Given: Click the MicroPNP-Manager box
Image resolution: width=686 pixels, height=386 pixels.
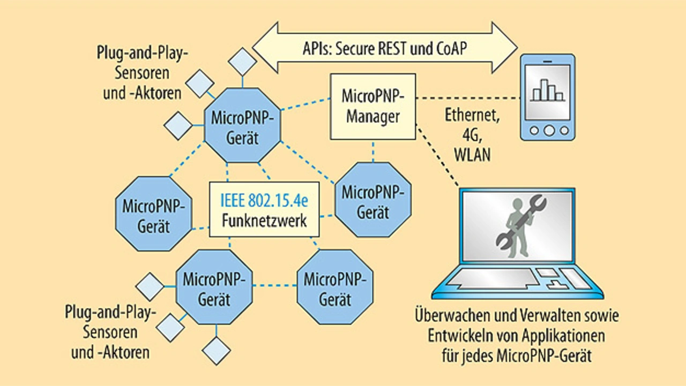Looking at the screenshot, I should (372, 107).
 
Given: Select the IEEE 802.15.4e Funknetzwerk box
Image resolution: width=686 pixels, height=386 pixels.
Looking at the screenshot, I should (264, 210).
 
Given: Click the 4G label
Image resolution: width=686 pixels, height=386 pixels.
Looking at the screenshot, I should (472, 135).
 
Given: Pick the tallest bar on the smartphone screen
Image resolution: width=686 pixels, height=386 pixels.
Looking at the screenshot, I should (545, 90).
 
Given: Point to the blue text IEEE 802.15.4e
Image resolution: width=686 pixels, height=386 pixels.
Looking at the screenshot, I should (264, 202).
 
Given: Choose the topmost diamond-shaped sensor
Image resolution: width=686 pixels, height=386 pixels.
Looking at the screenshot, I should (242, 62).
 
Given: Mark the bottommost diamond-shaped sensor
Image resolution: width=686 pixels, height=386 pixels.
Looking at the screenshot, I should (217, 351).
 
